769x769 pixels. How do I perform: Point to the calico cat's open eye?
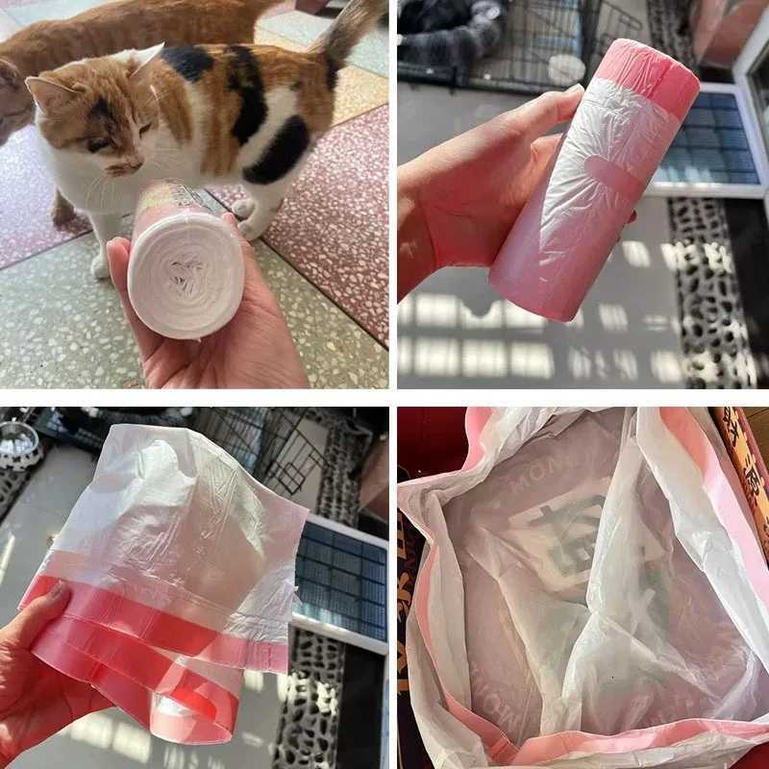pyautogui.click(x=96, y=144)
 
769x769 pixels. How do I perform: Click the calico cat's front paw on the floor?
pyautogui.click(x=101, y=263)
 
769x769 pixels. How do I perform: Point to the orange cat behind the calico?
pyautogui.click(x=77, y=38)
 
